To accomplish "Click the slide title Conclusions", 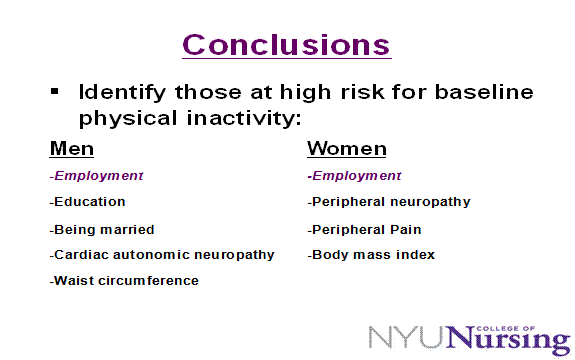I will (x=287, y=44).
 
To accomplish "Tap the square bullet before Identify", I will (x=56, y=91).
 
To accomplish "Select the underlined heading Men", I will (x=72, y=149).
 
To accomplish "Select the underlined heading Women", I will (x=346, y=149).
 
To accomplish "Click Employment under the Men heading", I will (x=98, y=176).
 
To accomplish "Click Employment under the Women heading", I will (x=355, y=176).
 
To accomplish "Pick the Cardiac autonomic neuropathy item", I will (x=162, y=255).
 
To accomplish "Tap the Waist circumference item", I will (x=124, y=281).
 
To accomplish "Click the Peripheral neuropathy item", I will (x=389, y=202).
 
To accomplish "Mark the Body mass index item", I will (x=371, y=255).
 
